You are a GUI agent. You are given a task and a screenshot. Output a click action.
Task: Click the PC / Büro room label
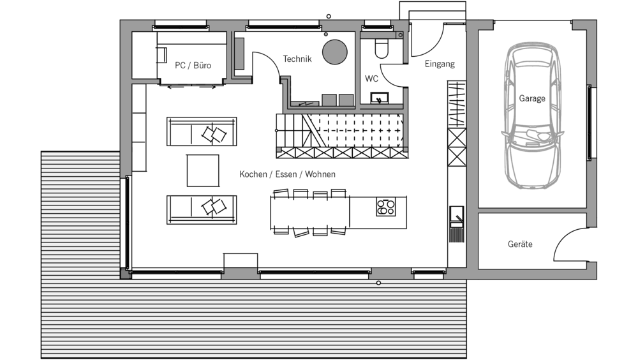click(x=193, y=66)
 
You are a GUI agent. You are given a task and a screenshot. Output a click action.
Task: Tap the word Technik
click(x=297, y=59)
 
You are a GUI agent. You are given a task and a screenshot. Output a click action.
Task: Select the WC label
click(x=371, y=79)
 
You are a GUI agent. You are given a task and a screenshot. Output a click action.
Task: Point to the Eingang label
click(x=440, y=64)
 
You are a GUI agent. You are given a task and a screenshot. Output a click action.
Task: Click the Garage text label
click(x=532, y=98)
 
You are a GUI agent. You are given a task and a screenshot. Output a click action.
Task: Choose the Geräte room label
click(x=520, y=244)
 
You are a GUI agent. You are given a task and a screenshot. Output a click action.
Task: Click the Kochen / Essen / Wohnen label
click(x=287, y=174)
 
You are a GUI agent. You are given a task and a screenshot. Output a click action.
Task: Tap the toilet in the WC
click(x=382, y=49)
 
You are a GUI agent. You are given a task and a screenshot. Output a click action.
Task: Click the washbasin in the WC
click(x=379, y=98)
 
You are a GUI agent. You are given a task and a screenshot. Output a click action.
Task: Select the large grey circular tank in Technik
click(x=335, y=52)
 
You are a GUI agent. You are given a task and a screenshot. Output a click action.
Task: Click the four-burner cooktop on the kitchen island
click(x=385, y=206)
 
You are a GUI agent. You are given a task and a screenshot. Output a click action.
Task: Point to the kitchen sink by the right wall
click(x=457, y=216)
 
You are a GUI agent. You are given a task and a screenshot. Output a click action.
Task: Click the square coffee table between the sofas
click(x=203, y=170)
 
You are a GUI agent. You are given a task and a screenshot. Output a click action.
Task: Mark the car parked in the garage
click(x=532, y=116)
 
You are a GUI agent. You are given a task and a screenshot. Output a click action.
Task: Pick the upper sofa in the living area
click(x=202, y=131)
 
